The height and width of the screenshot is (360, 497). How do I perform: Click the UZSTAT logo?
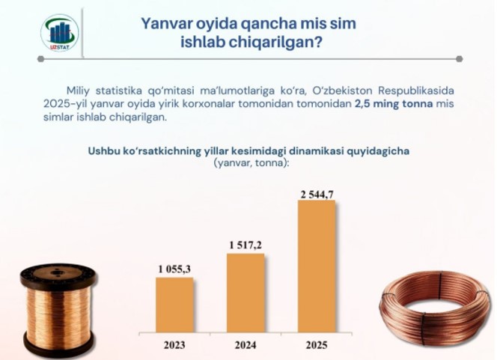[x=60, y=33]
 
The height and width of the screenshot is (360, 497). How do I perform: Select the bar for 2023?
[x=174, y=305]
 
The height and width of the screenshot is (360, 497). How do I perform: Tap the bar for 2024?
[x=246, y=293]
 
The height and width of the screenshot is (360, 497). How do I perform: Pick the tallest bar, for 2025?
[x=317, y=266]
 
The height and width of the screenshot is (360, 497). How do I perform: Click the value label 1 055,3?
[x=174, y=269]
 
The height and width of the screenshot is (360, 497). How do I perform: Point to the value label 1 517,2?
[x=246, y=245]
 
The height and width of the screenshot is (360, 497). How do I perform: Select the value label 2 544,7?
[x=317, y=195]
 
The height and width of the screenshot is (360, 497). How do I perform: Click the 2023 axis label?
[x=174, y=345]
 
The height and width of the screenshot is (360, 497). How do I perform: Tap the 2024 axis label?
[x=246, y=345]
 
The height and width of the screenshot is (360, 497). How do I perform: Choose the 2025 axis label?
[x=317, y=345]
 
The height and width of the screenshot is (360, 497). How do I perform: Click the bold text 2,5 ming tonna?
[x=394, y=104]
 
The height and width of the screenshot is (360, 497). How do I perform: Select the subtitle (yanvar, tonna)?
[x=251, y=163]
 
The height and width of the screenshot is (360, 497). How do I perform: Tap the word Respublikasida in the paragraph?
[x=416, y=91]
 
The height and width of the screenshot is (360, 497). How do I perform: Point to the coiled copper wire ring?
[x=435, y=308]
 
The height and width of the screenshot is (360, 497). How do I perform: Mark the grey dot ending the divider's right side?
[x=460, y=58]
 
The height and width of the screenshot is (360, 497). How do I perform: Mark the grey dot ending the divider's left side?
[x=40, y=58]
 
